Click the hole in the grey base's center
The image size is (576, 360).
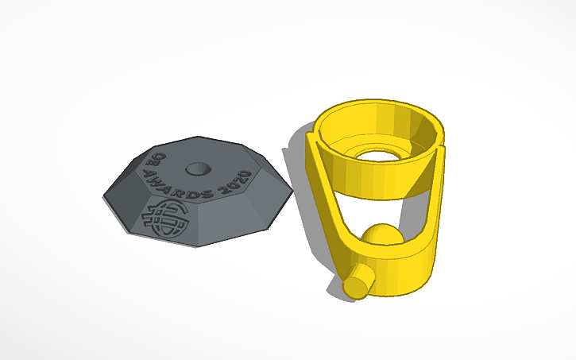[196, 169]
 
